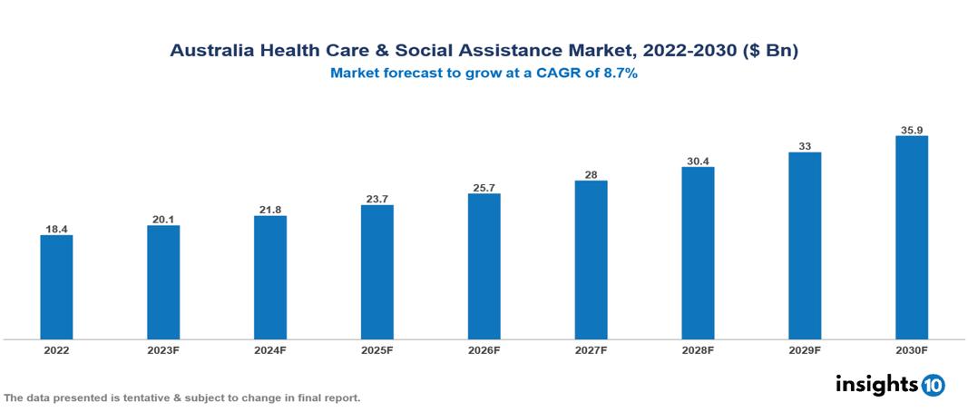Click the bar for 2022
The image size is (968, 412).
click(56, 287)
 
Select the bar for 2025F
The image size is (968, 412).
click(377, 271)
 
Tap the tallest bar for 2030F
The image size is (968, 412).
click(912, 238)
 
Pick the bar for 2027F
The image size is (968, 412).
click(592, 260)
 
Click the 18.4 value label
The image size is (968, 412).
click(56, 230)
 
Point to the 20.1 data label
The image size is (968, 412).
click(163, 219)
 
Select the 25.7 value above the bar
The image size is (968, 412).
click(484, 188)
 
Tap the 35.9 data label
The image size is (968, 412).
click(912, 130)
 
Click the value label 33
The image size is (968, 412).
click(805, 146)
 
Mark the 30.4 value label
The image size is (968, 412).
click(698, 162)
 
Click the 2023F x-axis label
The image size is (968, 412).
click(163, 349)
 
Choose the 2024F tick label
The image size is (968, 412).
click(270, 349)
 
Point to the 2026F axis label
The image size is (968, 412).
click(484, 349)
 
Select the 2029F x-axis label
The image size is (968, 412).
click(805, 349)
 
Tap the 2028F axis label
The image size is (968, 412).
click(698, 349)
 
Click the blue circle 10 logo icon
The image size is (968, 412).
click(933, 385)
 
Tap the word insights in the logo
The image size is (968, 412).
click(876, 384)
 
